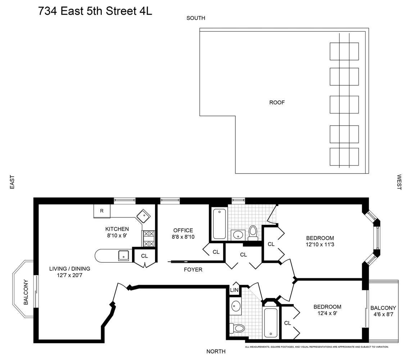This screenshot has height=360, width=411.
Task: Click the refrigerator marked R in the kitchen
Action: [102, 211]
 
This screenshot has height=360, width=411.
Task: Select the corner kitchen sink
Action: [143, 216]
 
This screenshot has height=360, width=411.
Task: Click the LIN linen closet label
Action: [234, 290]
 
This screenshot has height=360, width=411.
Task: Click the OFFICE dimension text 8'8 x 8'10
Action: [183, 237]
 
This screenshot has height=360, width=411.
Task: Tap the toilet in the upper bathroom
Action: [253, 233]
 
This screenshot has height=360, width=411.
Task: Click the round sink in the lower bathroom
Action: [236, 306]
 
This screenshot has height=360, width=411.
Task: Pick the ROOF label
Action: [277, 103]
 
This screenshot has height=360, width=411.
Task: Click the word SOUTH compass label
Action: [195, 18]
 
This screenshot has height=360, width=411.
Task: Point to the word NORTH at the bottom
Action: [216, 351]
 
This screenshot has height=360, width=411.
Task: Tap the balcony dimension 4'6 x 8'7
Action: [383, 315]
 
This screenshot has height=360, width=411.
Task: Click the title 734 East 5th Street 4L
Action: [95, 11]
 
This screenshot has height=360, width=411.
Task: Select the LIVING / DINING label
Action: [69, 269]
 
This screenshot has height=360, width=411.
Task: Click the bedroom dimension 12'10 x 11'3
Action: [320, 245]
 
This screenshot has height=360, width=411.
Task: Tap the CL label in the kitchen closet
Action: [144, 256]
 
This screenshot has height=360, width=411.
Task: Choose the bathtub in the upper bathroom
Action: [220, 224]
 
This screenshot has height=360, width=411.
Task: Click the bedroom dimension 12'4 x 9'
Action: [327, 314]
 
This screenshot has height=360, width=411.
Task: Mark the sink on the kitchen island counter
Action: [124, 256]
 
